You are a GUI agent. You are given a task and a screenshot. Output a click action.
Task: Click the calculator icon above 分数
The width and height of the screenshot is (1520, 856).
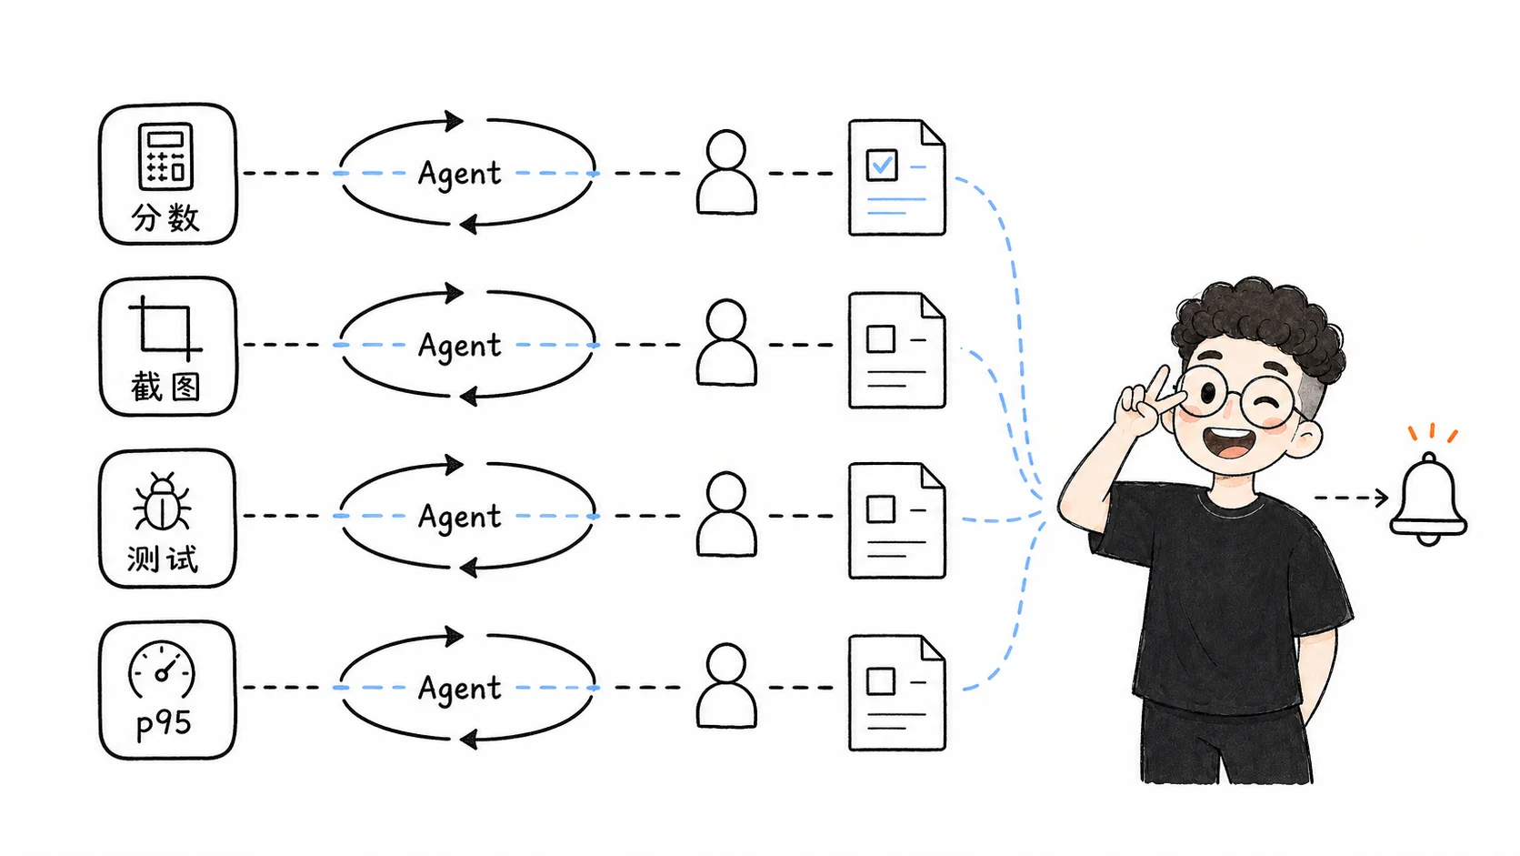[166, 156]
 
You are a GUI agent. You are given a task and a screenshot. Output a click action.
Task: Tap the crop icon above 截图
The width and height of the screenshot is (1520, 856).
[165, 328]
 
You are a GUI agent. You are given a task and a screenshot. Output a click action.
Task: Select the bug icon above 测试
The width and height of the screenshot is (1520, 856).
[162, 501]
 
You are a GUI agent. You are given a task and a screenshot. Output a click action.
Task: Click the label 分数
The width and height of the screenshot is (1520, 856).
[165, 218]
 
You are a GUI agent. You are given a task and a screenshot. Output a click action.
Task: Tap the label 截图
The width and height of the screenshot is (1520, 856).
[165, 388]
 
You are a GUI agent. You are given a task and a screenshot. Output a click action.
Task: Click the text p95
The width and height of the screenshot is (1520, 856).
[164, 724]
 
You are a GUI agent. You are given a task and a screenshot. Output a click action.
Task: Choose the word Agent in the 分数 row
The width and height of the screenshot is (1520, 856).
[459, 173]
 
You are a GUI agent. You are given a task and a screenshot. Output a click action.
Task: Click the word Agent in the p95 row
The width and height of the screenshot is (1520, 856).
[459, 689]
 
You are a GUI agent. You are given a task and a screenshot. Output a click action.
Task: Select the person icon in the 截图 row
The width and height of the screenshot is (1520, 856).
[726, 343]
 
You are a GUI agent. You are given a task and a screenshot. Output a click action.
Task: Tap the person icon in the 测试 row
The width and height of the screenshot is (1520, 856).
[726, 515]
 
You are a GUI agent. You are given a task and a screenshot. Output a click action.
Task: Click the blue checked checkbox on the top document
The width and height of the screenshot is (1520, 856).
[882, 165]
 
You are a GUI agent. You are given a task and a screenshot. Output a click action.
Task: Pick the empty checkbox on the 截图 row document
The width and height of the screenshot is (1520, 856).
[881, 338]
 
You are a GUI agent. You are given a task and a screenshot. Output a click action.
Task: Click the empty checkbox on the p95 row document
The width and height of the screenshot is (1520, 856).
[881, 680]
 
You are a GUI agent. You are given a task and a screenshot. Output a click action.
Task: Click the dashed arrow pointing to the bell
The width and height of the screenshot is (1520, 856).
[1351, 498]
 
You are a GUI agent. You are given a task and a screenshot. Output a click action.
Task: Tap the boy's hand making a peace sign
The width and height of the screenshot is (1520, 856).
[1144, 400]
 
